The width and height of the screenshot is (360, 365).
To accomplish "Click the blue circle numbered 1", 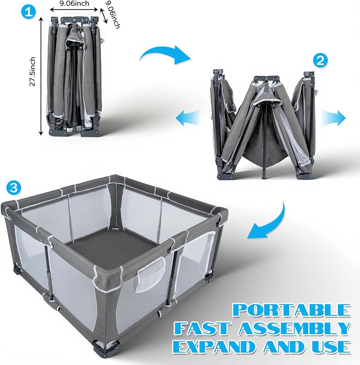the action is click(28, 12).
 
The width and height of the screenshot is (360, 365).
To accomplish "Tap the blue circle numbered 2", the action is click(321, 61).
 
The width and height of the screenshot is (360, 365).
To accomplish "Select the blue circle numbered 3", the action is click(13, 188).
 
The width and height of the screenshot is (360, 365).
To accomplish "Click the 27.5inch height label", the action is click(32, 72).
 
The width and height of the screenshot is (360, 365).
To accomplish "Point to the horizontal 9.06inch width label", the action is click(74, 4).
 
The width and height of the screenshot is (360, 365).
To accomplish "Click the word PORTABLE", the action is click(292, 310).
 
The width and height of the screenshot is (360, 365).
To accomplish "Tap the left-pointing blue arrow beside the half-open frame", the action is click(187, 118).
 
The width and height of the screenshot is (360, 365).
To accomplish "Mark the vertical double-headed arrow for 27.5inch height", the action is click(41, 76).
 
